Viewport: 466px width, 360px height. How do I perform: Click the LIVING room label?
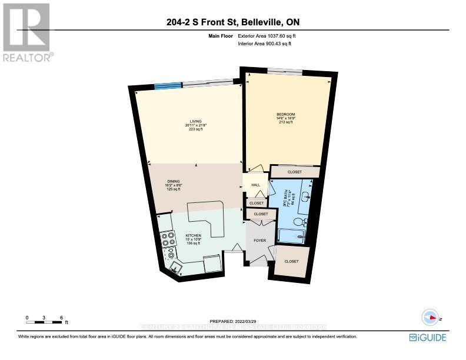[x=188, y=121]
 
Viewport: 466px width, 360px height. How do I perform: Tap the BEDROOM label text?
[x=285, y=114]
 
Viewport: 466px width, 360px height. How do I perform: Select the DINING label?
[x=174, y=181]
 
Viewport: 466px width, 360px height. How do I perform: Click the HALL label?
[x=255, y=185]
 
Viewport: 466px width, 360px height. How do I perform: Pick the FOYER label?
[x=259, y=240]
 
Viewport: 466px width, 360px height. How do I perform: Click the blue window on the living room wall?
[x=168, y=86]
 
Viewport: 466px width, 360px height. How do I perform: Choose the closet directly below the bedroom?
[x=295, y=172]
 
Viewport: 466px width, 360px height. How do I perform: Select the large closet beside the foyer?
[x=291, y=261]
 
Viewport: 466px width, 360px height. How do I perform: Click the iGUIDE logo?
[x=428, y=338]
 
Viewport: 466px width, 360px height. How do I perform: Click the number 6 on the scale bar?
[x=62, y=318]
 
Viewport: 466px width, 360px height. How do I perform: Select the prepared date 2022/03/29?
[x=232, y=321]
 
